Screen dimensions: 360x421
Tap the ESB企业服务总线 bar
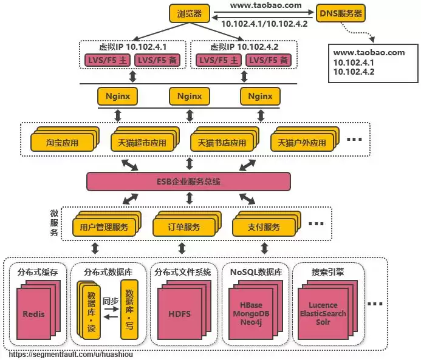pos(188,181)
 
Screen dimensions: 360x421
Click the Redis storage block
pos(34,314)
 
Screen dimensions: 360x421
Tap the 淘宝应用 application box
pos(62,143)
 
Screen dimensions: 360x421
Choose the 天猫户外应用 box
pos(302,143)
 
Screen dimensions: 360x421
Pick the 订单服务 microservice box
pos(183,227)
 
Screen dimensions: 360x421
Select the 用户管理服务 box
pos(104,227)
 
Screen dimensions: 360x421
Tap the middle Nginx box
pos(189,96)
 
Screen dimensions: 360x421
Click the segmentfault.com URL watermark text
pos(71,353)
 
